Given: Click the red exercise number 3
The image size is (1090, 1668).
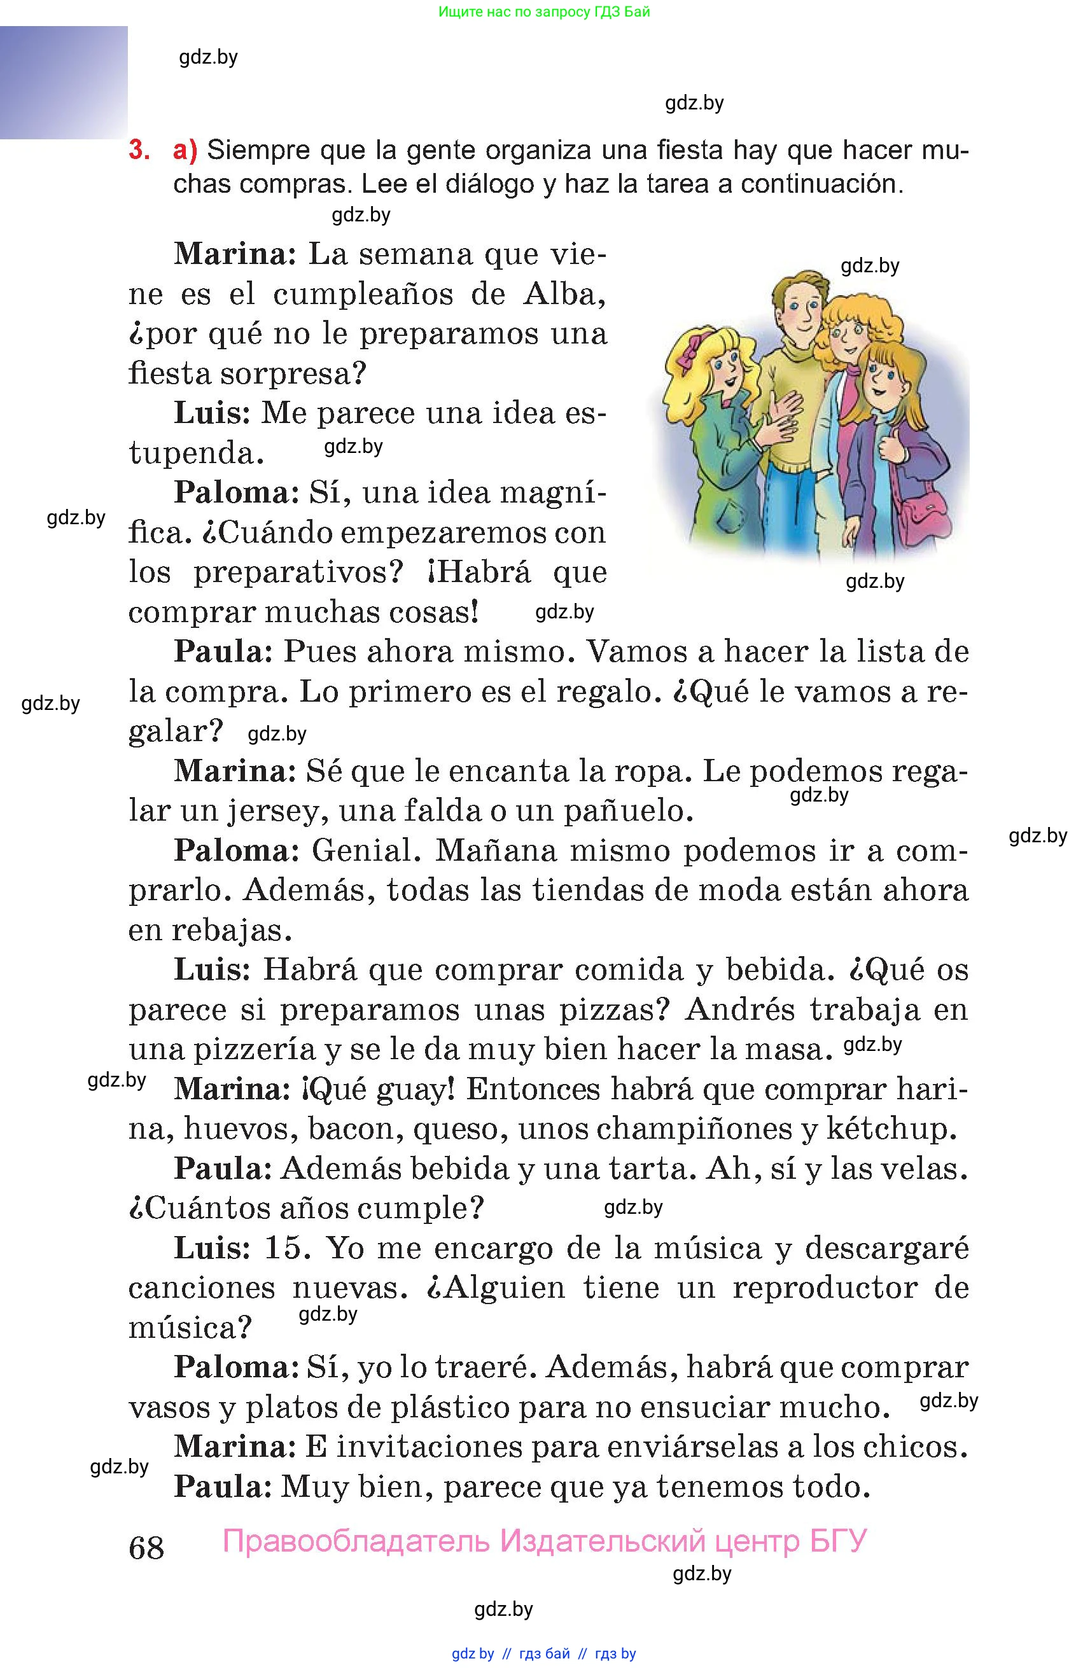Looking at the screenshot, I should pos(139,151).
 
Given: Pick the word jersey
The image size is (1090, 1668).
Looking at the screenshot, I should pos(277,811).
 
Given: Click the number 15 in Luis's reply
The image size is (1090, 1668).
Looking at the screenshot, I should pos(287,1248).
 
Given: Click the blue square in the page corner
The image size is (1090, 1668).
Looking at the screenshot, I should pos(64,82).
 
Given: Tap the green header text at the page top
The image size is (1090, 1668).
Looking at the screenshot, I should pos(544,12).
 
